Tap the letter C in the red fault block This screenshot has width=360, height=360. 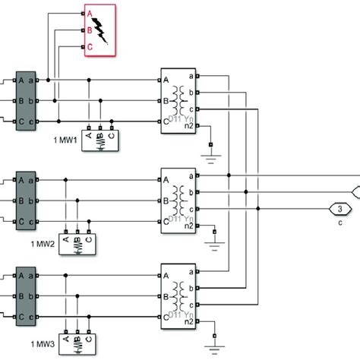pyautogui.click(x=90, y=46)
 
